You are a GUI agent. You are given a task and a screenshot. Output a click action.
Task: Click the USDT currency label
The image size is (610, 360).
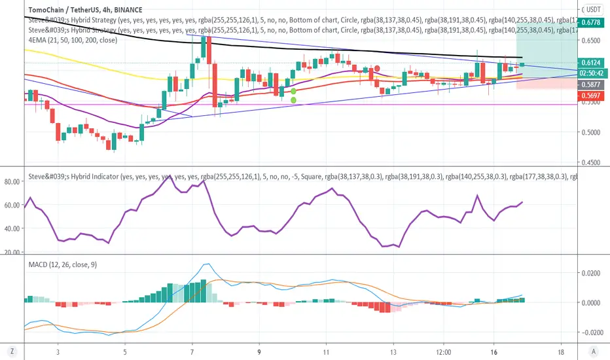coord(592,9)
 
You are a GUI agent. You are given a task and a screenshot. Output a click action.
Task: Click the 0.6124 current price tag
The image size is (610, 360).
coord(592,62)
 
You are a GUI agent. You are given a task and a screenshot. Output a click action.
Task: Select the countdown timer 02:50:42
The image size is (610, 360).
coord(592,74)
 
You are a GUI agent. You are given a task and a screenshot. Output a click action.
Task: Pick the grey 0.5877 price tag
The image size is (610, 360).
coord(592,85)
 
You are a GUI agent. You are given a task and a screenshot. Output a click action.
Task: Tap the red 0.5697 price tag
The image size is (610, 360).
coord(592,96)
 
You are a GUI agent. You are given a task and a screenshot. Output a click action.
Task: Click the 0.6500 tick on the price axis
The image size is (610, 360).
coord(590,40)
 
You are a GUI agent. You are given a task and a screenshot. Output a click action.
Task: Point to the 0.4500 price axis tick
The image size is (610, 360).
coord(590,162)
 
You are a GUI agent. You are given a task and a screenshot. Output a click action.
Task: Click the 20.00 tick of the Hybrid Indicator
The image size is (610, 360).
coord(13,251)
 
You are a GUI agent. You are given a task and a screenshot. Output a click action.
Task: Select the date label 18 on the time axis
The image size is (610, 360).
coord(561,350)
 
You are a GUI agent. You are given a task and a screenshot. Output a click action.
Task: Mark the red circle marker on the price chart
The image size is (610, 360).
coord(377,69)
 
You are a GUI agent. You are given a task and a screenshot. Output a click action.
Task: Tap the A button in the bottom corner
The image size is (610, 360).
coord(593,350)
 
